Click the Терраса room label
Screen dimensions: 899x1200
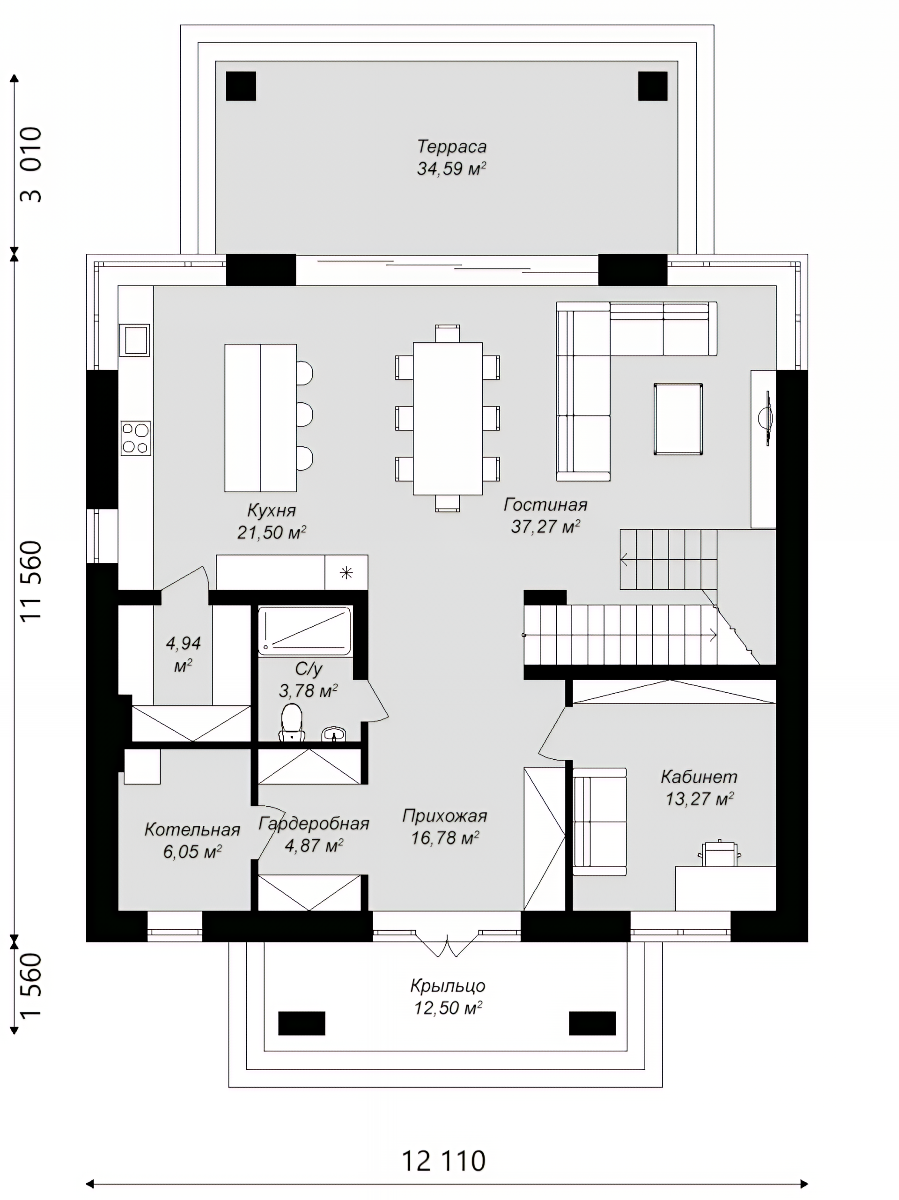tap(452, 147)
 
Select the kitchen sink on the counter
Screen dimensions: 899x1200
tap(134, 340)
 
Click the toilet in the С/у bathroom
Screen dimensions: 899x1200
tap(292, 722)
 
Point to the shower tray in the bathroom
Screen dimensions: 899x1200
tap(305, 630)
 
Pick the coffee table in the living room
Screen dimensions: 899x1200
tap(678, 419)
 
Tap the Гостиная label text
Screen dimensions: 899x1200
tap(545, 504)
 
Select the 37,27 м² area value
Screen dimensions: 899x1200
tap(545, 526)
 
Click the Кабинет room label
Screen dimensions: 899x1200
tap(699, 777)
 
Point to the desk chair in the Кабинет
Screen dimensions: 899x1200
tap(720, 853)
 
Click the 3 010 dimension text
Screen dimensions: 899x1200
tap(31, 164)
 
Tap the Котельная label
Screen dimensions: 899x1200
tap(192, 830)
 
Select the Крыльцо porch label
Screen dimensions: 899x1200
tap(448, 985)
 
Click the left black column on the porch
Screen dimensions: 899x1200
tap(302, 1023)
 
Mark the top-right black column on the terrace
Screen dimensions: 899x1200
tap(653, 86)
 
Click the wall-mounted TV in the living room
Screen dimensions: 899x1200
tap(766, 418)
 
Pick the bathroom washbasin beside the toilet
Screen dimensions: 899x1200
tap(334, 734)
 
